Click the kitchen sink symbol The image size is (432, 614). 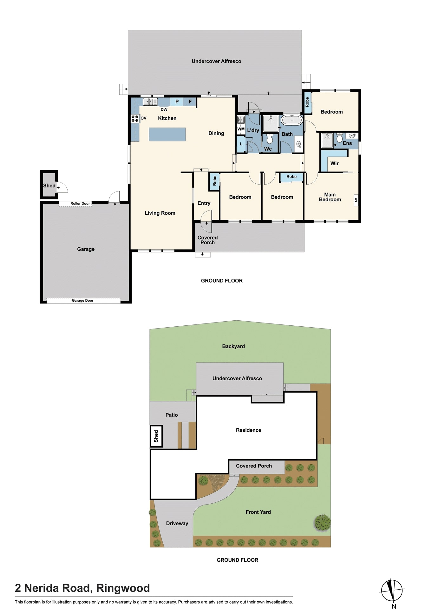(150, 102)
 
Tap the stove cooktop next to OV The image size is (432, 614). (135, 119)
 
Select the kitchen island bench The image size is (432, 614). (167, 134)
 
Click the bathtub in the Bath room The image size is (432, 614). (292, 120)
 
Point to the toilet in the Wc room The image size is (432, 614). (270, 139)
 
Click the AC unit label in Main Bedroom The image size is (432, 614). (356, 200)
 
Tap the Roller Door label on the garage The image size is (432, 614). (80, 204)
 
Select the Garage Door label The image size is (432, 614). (82, 300)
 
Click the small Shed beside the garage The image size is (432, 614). (49, 186)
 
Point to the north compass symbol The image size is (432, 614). (392, 591)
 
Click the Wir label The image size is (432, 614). (334, 163)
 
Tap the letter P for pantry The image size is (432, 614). (177, 102)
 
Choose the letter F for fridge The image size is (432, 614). (190, 102)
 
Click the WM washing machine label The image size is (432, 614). (241, 129)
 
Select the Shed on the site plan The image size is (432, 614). (156, 436)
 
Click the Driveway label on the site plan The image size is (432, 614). (177, 523)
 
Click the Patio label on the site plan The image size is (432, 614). (172, 415)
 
